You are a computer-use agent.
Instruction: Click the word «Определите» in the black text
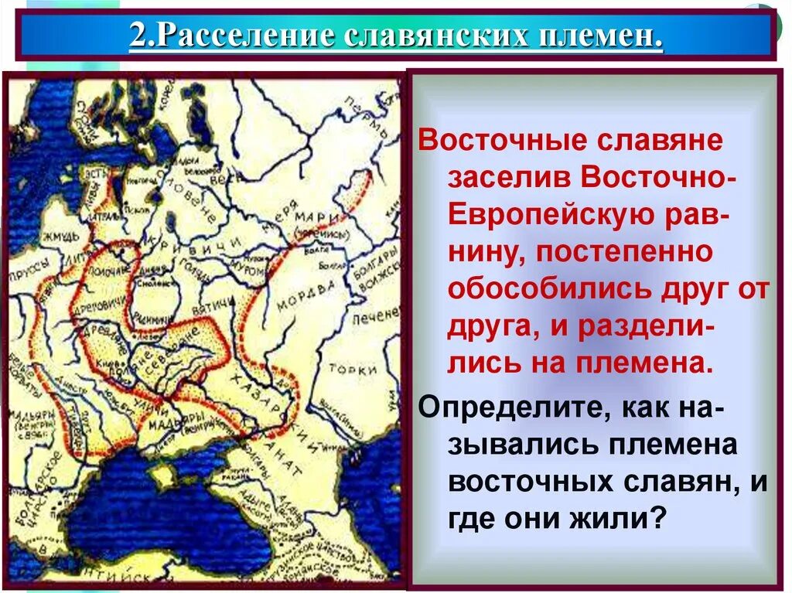coord(504,407)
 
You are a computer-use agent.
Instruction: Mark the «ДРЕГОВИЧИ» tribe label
coord(101,302)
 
